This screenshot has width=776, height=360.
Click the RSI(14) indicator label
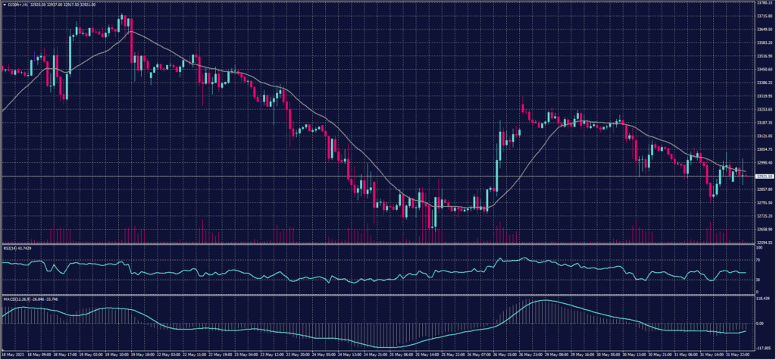point(20,246)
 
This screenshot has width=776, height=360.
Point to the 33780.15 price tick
point(764,3)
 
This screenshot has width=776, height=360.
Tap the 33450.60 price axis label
point(764,69)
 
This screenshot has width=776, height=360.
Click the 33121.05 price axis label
point(764,136)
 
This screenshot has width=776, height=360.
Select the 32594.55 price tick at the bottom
point(764,242)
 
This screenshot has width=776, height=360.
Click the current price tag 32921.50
point(764,176)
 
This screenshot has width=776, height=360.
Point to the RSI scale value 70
point(759,261)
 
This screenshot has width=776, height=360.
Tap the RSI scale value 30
point(759,280)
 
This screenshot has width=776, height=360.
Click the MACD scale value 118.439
point(763,299)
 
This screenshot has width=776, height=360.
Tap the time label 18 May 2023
point(14,354)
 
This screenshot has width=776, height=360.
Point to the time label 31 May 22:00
point(740,354)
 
